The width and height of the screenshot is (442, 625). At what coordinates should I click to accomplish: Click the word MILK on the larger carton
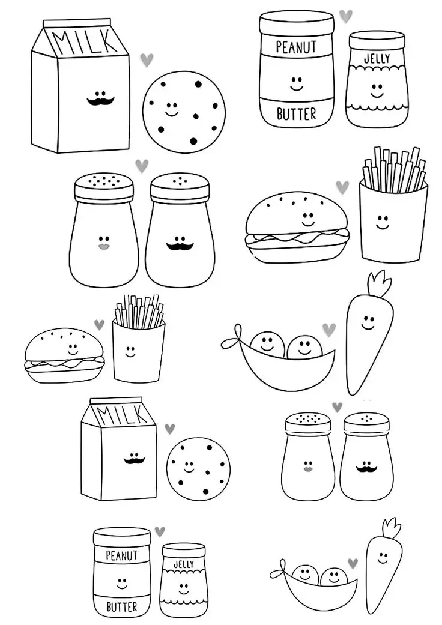[x=82, y=42]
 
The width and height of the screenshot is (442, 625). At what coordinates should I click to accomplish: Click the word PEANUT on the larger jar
[x=296, y=46]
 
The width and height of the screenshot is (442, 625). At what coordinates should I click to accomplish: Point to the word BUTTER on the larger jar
[x=296, y=113]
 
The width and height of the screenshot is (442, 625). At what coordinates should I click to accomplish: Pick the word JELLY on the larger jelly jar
[x=377, y=59]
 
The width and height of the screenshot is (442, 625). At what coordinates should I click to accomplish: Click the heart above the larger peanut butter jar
[x=346, y=16]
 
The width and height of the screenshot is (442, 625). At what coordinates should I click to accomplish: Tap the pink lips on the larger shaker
[x=102, y=246]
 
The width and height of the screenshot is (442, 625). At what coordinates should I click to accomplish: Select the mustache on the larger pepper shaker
[x=178, y=246]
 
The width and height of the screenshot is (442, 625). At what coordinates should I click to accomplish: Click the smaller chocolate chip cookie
[x=199, y=467]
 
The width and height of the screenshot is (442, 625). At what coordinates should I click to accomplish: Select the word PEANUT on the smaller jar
[x=121, y=555]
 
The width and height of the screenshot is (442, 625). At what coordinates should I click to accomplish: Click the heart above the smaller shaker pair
[x=337, y=408]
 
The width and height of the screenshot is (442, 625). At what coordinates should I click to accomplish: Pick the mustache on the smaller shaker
[x=365, y=466]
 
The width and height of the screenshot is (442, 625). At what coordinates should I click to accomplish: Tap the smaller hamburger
[x=64, y=355]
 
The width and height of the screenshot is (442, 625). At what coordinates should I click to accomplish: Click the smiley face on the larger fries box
[x=383, y=221]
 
